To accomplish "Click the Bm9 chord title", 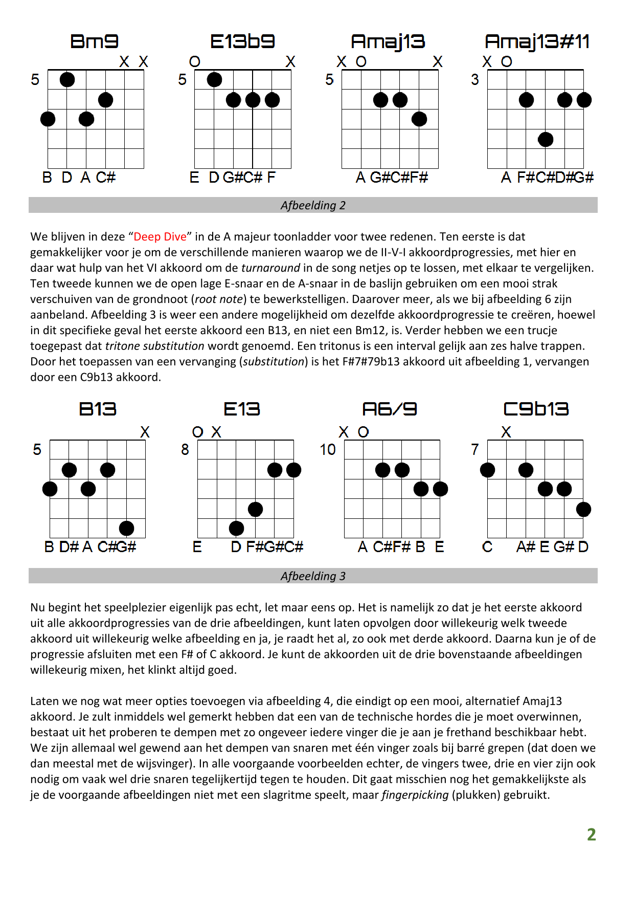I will pyautogui.click(x=94, y=41).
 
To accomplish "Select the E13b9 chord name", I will pyautogui.click(x=242, y=41).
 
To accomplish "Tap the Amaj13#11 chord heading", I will pyautogui.click(x=537, y=41).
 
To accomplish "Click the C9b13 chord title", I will pyautogui.click(x=536, y=409).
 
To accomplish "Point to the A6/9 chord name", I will pyautogui.click(x=390, y=409).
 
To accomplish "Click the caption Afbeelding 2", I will pyautogui.click(x=313, y=205).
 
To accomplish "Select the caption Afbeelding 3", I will pyautogui.click(x=313, y=576).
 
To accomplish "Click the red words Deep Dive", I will pyautogui.click(x=160, y=237).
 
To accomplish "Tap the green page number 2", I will pyautogui.click(x=592, y=835).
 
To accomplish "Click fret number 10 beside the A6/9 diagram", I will pyautogui.click(x=328, y=450).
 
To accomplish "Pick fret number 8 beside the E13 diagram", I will pyautogui.click(x=185, y=450).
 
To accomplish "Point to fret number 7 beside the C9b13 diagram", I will pyautogui.click(x=475, y=450).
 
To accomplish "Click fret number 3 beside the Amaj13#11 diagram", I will pyautogui.click(x=475, y=80).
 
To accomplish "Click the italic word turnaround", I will pyautogui.click(x=270, y=268).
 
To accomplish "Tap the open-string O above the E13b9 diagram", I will pyautogui.click(x=195, y=62).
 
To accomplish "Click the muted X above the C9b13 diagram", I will pyautogui.click(x=506, y=432).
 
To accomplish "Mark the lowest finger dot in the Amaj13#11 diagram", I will pyautogui.click(x=546, y=139).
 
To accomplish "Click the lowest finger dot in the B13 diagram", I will pyautogui.click(x=126, y=528).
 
